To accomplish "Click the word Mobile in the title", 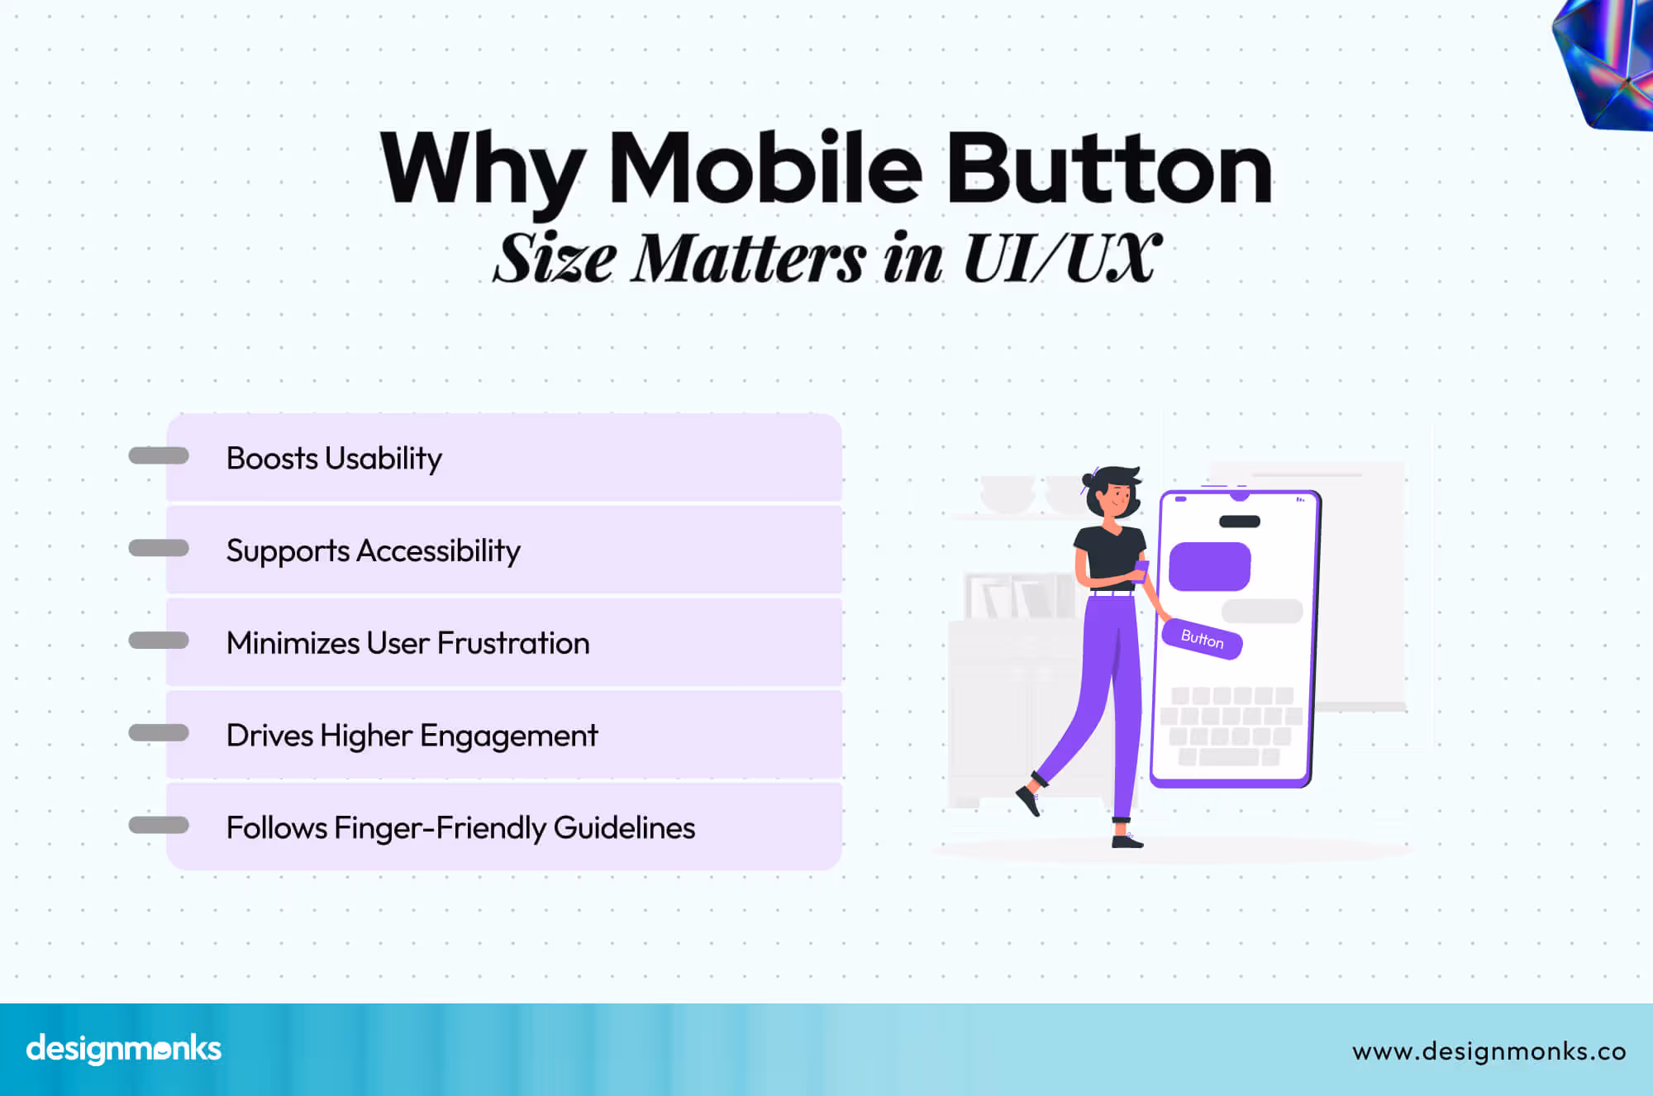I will click(x=765, y=169).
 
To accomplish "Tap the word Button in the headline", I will click(x=1108, y=169).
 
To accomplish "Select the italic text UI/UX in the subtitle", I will click(x=1062, y=259).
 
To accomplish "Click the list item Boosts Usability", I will click(x=334, y=459).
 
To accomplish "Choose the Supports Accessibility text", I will click(x=373, y=551).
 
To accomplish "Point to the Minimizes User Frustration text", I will click(x=407, y=643).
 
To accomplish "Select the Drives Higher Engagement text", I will click(x=412, y=736).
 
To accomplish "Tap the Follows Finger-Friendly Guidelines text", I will click(x=460, y=828).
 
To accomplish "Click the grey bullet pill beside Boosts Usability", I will click(x=159, y=455).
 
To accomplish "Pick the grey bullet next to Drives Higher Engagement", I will click(x=159, y=732).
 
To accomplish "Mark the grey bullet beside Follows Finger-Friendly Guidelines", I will click(x=159, y=825).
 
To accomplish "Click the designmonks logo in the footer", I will click(x=124, y=1049).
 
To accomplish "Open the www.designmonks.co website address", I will click(x=1489, y=1051).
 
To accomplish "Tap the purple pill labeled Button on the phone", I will click(x=1202, y=639).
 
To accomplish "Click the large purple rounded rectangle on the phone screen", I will click(x=1209, y=567).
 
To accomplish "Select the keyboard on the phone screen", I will click(x=1231, y=726).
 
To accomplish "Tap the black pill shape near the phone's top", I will click(x=1240, y=522).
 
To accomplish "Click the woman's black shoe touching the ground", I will click(x=1127, y=841).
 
